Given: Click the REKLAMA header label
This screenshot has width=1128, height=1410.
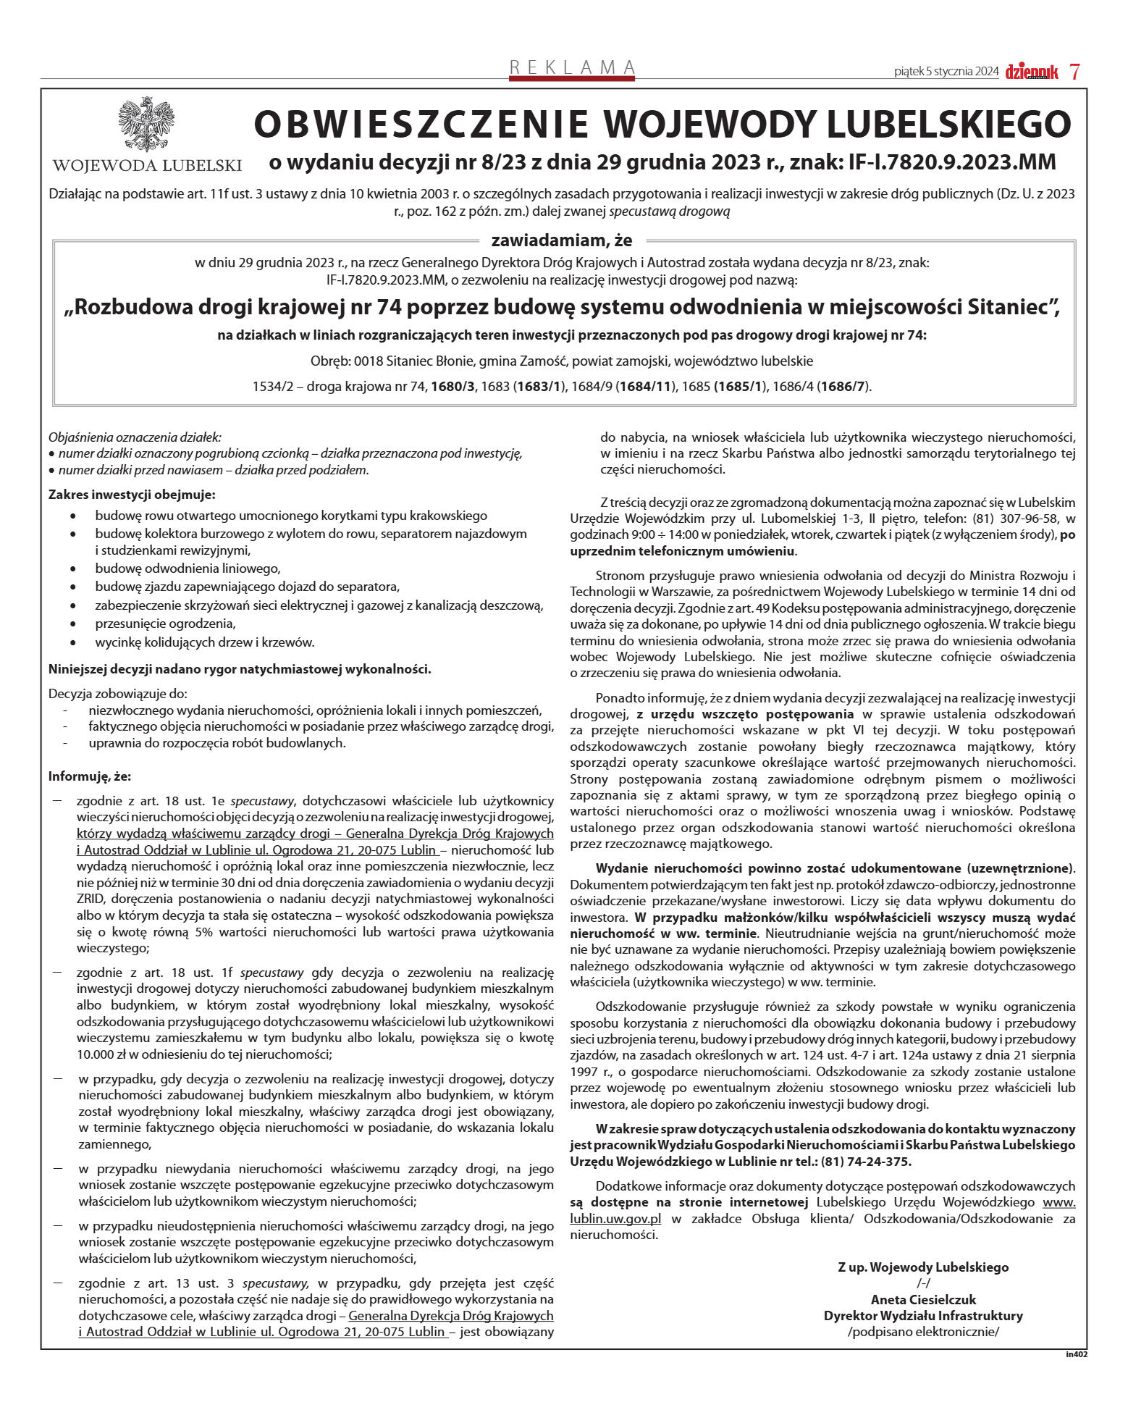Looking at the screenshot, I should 572,68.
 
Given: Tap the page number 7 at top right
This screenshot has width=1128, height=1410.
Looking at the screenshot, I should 1075,72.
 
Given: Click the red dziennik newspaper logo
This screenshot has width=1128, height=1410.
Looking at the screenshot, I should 1031,72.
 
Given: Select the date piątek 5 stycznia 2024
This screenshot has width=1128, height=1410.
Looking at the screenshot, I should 946,72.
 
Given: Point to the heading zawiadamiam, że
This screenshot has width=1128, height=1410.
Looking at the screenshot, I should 562,240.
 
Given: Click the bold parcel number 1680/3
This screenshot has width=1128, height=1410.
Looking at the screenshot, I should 453,386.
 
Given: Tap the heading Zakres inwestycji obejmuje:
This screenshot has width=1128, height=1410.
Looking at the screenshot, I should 132,495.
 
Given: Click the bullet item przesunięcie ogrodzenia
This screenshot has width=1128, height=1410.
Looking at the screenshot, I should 166,623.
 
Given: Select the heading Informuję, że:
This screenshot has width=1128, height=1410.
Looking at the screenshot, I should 90,776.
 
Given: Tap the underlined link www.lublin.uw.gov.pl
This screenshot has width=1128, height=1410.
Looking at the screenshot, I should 615,1218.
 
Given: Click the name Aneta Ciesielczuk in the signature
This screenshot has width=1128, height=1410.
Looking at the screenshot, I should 923,1299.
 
